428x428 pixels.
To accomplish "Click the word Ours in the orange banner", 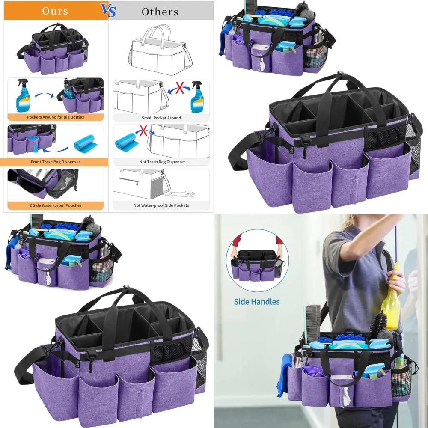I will (55, 11).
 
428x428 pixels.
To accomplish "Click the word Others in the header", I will (160, 12).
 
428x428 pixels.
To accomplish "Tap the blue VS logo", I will (109, 10).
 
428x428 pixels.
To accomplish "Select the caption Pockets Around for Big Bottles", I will (55, 117).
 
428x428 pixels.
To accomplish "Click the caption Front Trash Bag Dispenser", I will (55, 162).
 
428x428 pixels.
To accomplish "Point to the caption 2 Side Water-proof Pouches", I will (55, 205).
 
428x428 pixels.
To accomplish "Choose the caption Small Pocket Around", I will (161, 118).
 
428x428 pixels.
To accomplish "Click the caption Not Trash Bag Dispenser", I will (161, 162).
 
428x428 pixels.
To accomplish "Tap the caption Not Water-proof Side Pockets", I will (161, 205).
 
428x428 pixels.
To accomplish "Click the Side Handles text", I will (257, 302).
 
